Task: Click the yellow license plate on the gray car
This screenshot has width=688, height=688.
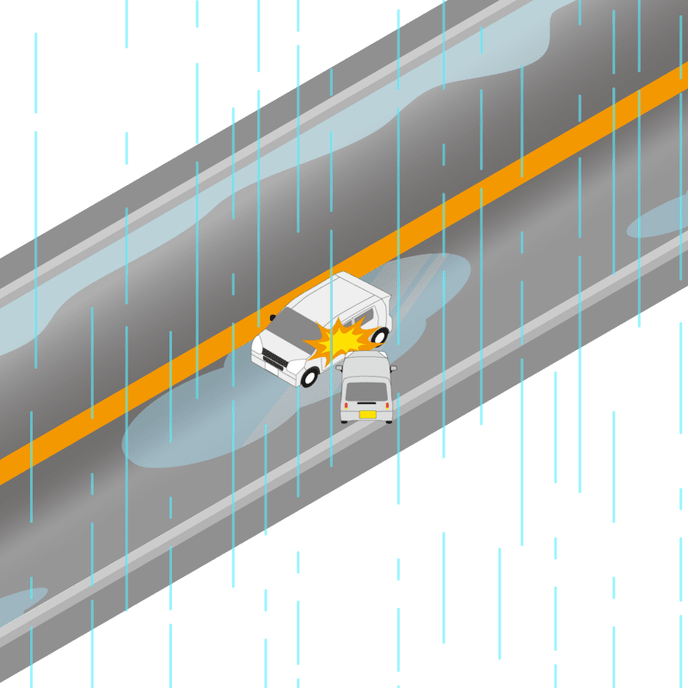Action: (x=367, y=415)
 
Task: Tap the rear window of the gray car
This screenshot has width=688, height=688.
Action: (x=366, y=391)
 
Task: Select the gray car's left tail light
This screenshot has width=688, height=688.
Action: (x=346, y=405)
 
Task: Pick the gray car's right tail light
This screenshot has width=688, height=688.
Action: (x=388, y=405)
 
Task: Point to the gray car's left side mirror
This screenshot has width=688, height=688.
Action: (x=340, y=368)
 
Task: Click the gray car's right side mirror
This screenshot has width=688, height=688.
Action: (x=393, y=368)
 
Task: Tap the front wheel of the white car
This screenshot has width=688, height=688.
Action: (x=309, y=376)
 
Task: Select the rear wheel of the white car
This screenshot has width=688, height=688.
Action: (x=379, y=335)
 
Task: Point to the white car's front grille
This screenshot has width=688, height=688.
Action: (x=275, y=358)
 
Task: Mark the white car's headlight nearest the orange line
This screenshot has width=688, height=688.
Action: (x=256, y=344)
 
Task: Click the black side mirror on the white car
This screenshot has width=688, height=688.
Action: (x=273, y=317)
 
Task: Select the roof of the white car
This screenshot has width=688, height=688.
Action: (x=340, y=297)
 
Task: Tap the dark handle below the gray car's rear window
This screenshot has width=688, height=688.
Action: (x=367, y=404)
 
